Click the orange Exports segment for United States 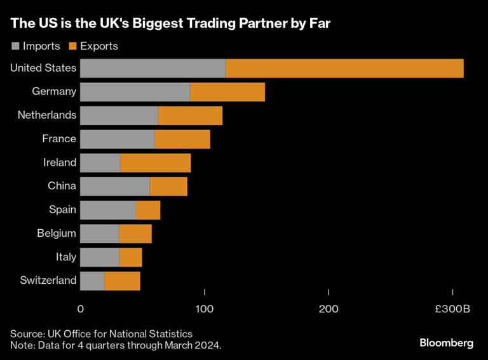click(344, 69)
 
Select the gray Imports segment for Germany click(135, 92)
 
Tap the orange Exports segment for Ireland click(155, 163)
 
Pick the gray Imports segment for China click(115, 187)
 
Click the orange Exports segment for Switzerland click(122, 281)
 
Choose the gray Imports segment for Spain click(108, 210)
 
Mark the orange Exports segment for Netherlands click(190, 116)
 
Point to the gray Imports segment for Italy click(100, 257)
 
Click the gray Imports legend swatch click(15, 46)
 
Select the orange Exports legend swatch click(72, 46)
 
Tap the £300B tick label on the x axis click(452, 309)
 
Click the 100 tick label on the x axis click(205, 309)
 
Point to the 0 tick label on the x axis click(81, 309)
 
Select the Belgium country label click(57, 234)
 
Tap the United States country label click(43, 69)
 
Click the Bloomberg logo click(446, 343)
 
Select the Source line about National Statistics click(101, 333)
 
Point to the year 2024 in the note click(209, 345)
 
